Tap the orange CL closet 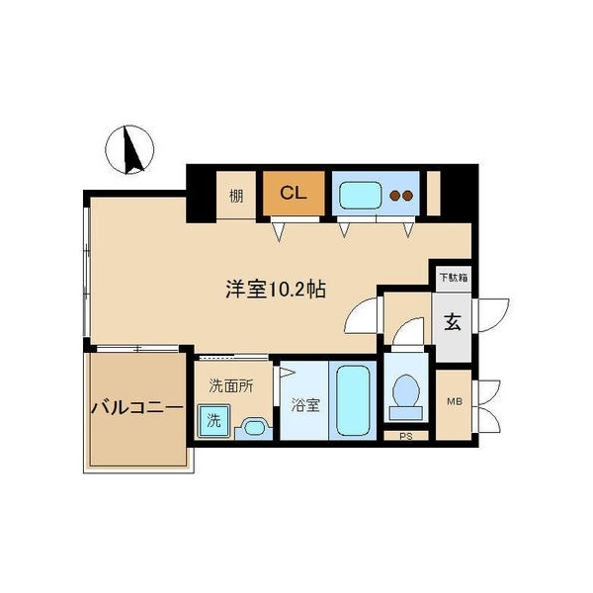point(293,193)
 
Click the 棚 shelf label point(236,195)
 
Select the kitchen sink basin point(361,195)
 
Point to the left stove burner point(393,196)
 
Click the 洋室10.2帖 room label point(276,290)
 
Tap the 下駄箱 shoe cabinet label point(451,278)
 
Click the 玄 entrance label point(452,322)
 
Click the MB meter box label point(454,400)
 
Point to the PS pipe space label point(404,435)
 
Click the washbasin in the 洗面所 point(253,428)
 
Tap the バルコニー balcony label point(137,406)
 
